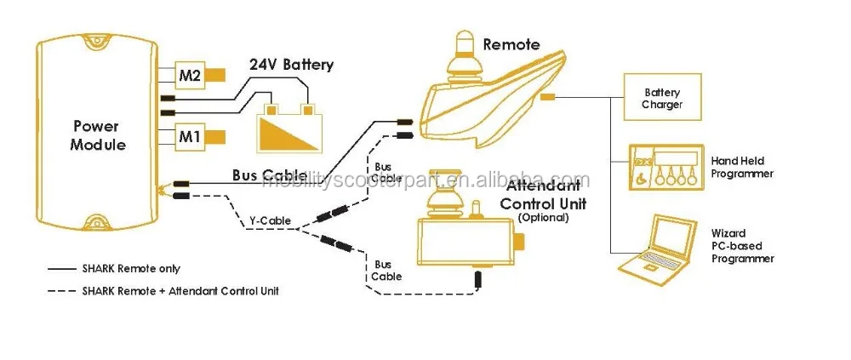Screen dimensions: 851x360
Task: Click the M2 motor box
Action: pyautogui.click(x=190, y=76)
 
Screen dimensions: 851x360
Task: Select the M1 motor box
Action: pyautogui.click(x=190, y=137)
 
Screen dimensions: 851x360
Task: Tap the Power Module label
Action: pyautogui.click(x=98, y=136)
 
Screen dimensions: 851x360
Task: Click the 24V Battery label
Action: pyautogui.click(x=291, y=66)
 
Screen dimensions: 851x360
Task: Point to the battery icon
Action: pyautogui.click(x=290, y=127)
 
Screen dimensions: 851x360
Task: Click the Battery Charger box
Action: pyautogui.click(x=662, y=97)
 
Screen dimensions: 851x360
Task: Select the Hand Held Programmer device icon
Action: pyautogui.click(x=666, y=168)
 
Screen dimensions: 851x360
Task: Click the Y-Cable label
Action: pyautogui.click(x=270, y=221)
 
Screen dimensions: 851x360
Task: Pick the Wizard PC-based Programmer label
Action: pyautogui.click(x=742, y=246)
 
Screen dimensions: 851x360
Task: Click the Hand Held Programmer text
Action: pyautogui.click(x=742, y=168)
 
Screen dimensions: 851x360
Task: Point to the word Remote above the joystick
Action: pyautogui.click(x=511, y=44)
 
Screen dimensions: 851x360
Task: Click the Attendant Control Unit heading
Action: pyautogui.click(x=543, y=196)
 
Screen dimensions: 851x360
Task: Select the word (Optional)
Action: pyautogui.click(x=543, y=218)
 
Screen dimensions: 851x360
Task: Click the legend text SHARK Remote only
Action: pyautogui.click(x=131, y=269)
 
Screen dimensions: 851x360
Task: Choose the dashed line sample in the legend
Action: pyautogui.click(x=61, y=292)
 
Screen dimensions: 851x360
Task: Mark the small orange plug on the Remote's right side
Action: pyautogui.click(x=548, y=97)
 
